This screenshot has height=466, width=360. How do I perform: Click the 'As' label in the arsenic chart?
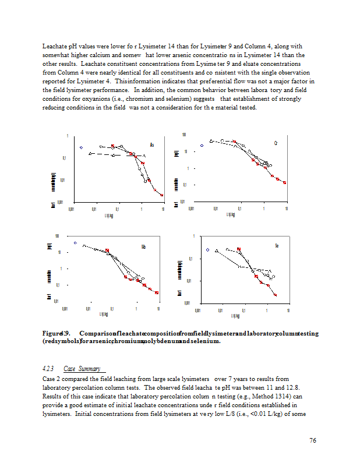click(x=152, y=145)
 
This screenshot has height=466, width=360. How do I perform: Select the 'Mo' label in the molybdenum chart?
click(x=143, y=247)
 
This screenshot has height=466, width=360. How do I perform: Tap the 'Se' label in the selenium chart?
click(x=277, y=246)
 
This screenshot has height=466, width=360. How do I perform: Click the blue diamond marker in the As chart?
click(x=82, y=147)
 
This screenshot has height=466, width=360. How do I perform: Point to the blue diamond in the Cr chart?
click(x=202, y=145)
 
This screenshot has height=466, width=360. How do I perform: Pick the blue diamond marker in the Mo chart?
click(x=75, y=242)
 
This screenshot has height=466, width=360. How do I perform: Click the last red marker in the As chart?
click(x=162, y=195)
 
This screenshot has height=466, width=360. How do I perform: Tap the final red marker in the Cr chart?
click(x=284, y=182)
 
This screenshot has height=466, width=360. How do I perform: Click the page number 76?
click(x=313, y=440)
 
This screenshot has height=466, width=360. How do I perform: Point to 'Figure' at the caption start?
click(x=52, y=333)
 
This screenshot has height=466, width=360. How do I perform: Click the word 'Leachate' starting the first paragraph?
click(x=54, y=45)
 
